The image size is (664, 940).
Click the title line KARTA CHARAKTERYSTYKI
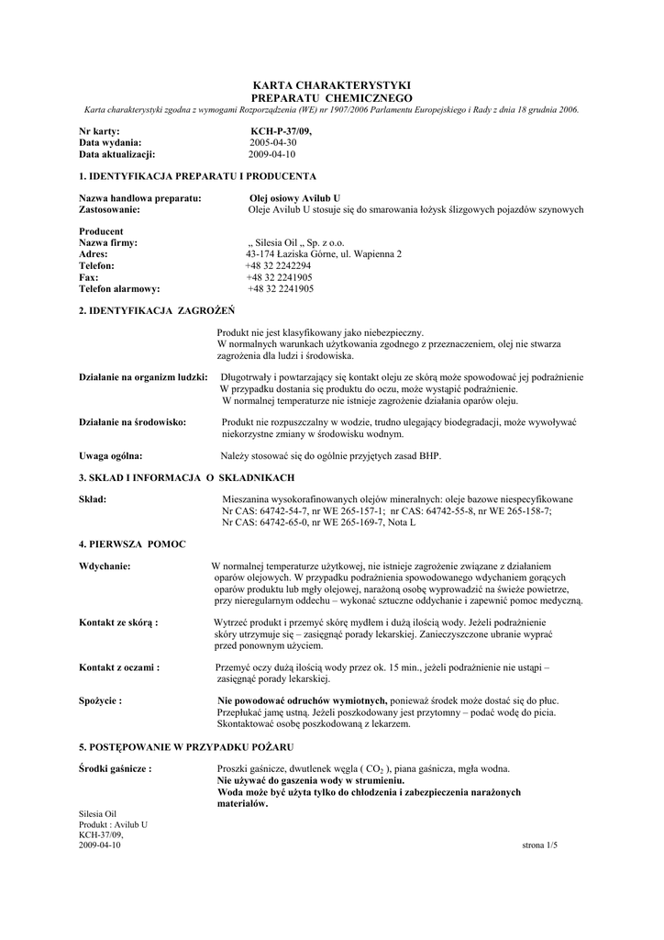[331, 85]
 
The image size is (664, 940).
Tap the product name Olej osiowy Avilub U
[295, 198]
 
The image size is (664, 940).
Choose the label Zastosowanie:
[110, 209]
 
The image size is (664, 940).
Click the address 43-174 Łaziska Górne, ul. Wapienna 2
[324, 253]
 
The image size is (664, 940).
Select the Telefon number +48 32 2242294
[271, 265]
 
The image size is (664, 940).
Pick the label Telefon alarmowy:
[120, 288]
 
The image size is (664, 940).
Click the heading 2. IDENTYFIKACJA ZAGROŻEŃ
[158, 312]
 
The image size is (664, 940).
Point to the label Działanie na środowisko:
[133, 421]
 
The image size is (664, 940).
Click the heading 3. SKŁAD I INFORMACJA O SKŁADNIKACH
[187, 477]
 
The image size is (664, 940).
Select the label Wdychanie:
[105, 566]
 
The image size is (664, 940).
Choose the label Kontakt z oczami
[119, 667]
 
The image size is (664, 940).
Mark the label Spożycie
[101, 700]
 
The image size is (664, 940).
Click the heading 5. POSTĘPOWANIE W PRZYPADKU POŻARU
[186, 745]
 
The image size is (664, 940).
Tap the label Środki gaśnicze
[116, 768]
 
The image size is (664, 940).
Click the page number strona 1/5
[539, 845]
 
